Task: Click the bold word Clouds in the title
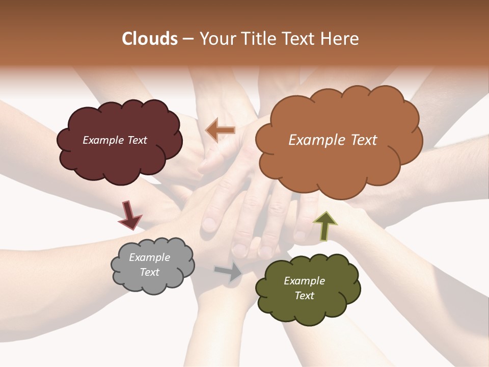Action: [150, 39]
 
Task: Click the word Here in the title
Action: [340, 39]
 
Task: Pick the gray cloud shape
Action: [153, 283]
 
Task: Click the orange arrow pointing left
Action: [220, 130]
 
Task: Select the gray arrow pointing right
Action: [229, 272]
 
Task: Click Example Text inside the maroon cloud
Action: [115, 140]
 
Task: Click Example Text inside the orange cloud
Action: [333, 140]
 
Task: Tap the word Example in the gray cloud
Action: [150, 257]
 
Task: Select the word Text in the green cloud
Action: [304, 296]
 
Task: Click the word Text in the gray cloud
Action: [150, 272]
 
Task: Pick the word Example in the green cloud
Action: [304, 281]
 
